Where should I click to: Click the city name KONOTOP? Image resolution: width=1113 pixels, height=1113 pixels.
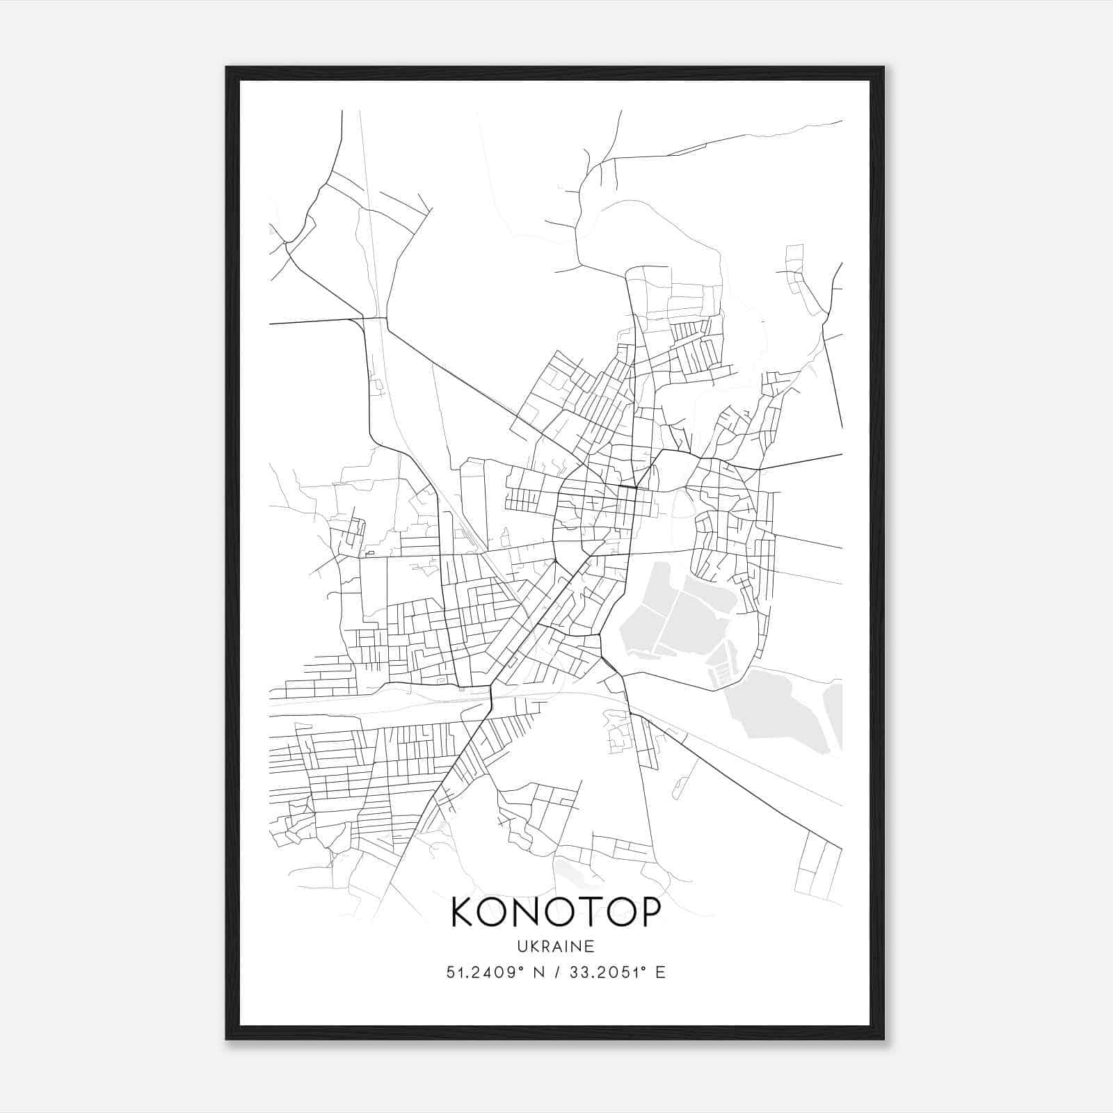[555, 912]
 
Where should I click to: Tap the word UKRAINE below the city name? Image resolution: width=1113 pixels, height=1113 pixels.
[555, 946]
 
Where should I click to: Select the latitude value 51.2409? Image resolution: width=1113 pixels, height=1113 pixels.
[479, 972]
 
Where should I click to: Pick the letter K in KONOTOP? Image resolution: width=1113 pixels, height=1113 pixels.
[465, 912]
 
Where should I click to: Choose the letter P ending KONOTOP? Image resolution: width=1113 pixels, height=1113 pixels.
[647, 912]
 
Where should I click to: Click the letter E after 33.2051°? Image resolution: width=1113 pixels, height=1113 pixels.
[660, 972]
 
